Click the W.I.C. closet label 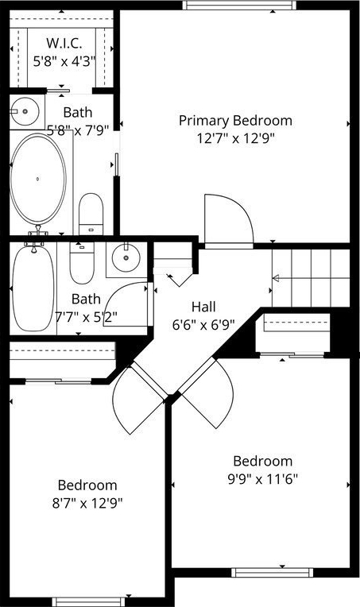tap(64, 43)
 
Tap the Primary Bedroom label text tap(235, 121)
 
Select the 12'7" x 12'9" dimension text tap(235, 138)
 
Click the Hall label tap(203, 307)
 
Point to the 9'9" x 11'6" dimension tap(262, 479)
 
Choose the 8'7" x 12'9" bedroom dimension tap(87, 503)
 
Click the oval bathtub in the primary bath tap(37, 179)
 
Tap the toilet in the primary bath tap(91, 214)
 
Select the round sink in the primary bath tap(25, 111)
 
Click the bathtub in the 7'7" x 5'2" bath tap(33, 288)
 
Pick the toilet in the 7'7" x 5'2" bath tap(82, 263)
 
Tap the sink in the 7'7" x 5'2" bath tap(126, 258)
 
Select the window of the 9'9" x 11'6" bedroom tap(272, 572)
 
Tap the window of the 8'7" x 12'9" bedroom tap(89, 602)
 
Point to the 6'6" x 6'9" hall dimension tap(203, 324)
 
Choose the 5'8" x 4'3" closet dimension tap(64, 61)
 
